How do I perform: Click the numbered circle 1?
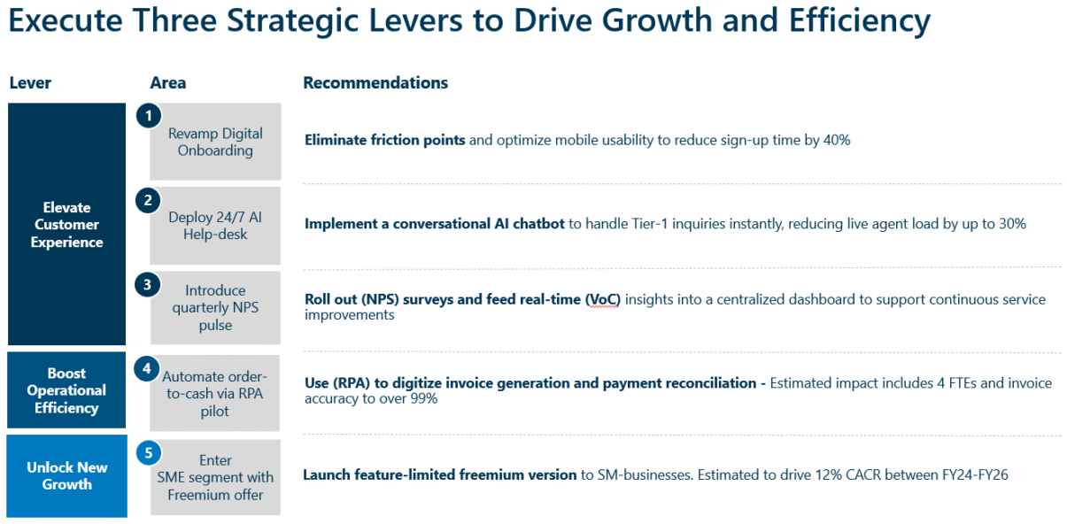149,115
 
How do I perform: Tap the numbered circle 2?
149,200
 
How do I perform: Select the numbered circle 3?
149,284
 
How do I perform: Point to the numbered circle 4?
147,368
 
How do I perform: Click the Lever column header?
30,83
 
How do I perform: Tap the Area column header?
168,83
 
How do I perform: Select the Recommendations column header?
375,83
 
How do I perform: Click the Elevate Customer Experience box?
67,225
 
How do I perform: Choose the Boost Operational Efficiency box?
66,390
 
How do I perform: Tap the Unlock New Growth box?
67,476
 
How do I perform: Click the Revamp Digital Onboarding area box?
215,143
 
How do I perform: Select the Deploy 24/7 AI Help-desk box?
215,226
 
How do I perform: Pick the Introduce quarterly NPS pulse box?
215,308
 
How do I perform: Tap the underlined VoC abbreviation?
603,299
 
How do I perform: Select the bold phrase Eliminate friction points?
384,140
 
